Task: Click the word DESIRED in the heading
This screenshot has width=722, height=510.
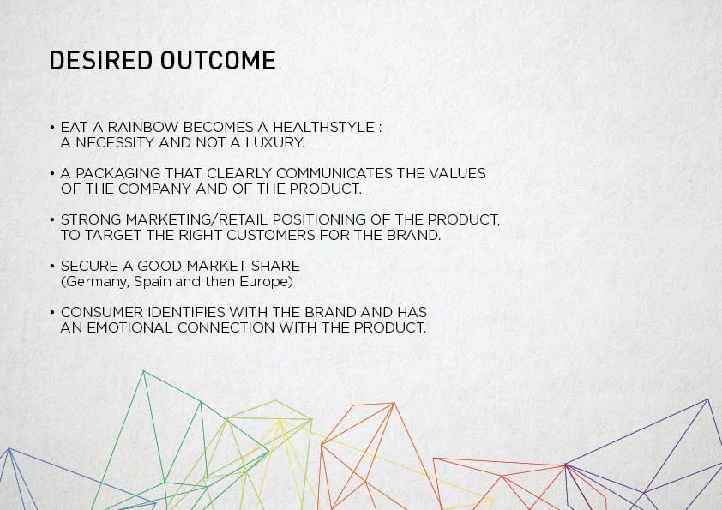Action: (101, 60)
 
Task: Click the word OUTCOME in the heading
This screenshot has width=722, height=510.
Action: (218, 60)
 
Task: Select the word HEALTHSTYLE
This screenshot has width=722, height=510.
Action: (324, 127)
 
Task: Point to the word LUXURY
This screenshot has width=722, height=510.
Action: (275, 142)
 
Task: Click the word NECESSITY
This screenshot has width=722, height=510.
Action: (115, 142)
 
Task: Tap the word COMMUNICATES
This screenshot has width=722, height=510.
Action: (334, 173)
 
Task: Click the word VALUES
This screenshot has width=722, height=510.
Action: (457, 173)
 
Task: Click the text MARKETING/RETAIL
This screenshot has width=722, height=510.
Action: (196, 220)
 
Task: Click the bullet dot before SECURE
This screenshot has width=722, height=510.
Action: (52, 266)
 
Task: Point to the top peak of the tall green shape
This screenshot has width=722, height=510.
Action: (144, 371)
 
